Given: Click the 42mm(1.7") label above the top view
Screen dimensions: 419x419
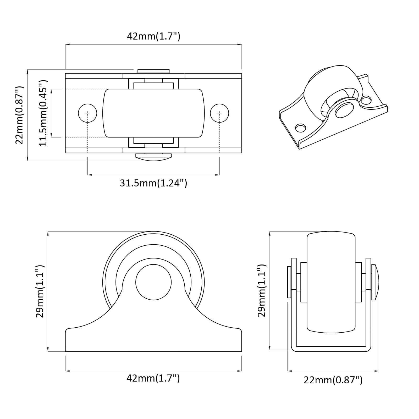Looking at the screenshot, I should pyautogui.click(x=153, y=36).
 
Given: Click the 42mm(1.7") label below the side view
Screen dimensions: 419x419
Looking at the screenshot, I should pyautogui.click(x=153, y=378).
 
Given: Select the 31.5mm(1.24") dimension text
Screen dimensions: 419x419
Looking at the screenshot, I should pyautogui.click(x=153, y=183).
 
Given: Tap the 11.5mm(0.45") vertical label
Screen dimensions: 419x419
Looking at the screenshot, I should pyautogui.click(x=43, y=113).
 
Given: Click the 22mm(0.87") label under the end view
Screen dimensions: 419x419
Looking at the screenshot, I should pyautogui.click(x=333, y=380).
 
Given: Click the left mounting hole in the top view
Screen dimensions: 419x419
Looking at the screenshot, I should pyautogui.click(x=87, y=113).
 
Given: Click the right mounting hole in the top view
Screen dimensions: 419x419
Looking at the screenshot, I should pyautogui.click(x=219, y=113).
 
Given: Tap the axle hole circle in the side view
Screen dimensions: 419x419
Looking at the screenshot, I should pyautogui.click(x=153, y=282).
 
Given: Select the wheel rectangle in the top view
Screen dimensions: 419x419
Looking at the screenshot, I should pyautogui.click(x=153, y=113).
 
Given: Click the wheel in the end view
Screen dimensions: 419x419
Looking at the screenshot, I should pyautogui.click(x=331, y=283).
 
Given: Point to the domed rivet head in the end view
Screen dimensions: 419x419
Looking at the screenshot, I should pyautogui.click(x=375, y=282).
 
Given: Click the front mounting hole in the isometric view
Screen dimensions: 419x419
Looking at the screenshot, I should pyautogui.click(x=300, y=128).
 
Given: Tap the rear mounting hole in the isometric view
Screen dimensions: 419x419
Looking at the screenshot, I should pyautogui.click(x=366, y=100).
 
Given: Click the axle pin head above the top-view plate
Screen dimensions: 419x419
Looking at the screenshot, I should pyautogui.click(x=153, y=71).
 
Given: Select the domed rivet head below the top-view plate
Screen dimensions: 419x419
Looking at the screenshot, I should pyautogui.click(x=153, y=156).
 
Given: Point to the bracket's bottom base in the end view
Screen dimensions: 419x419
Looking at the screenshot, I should pyautogui.click(x=331, y=348).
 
